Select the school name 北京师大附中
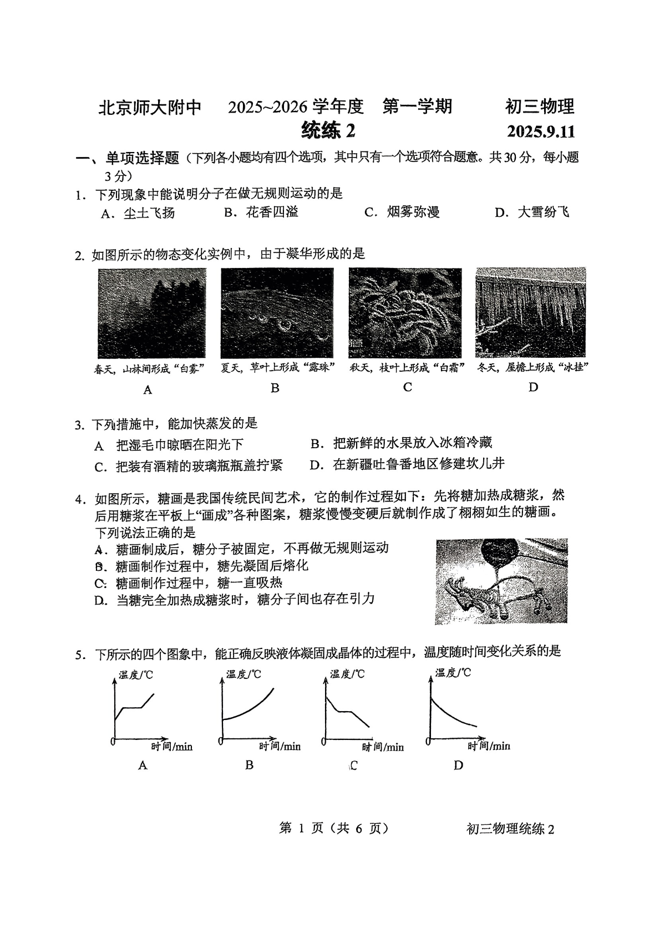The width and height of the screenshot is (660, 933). click(x=150, y=107)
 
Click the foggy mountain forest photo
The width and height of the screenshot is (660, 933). click(x=151, y=313)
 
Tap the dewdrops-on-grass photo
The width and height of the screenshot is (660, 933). click(x=277, y=313)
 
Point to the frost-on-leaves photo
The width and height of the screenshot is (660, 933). click(x=405, y=313)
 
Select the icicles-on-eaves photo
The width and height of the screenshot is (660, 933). click(x=530, y=313)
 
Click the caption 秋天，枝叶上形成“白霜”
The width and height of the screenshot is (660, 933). click(x=407, y=368)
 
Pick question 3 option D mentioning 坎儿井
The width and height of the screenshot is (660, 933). click(x=407, y=464)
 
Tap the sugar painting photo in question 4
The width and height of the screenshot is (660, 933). click(x=501, y=581)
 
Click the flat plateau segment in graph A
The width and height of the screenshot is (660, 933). click(x=132, y=707)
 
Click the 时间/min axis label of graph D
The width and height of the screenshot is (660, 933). click(x=489, y=746)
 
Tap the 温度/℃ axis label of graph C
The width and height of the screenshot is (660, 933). click(x=347, y=674)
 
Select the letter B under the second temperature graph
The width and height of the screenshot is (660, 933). click(x=250, y=765)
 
